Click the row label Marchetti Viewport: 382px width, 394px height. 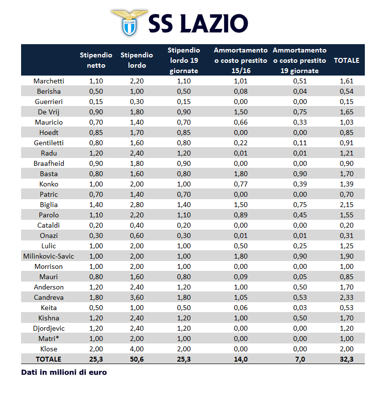(x=49, y=81)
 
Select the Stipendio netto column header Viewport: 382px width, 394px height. (x=96, y=60)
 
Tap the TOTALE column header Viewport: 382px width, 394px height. (x=346, y=60)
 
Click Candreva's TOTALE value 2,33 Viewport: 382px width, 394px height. (x=346, y=297)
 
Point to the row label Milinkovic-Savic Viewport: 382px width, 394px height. (x=49, y=256)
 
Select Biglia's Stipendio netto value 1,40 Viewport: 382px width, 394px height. (x=96, y=205)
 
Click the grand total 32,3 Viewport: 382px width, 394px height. (x=346, y=359)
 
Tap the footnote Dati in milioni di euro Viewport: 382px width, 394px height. (x=64, y=372)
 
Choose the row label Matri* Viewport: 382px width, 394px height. (x=49, y=339)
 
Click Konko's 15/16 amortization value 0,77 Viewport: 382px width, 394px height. (x=240, y=184)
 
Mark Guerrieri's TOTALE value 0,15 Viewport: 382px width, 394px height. (x=346, y=102)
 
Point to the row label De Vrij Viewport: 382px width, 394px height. (x=49, y=112)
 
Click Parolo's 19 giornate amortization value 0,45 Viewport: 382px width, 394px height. (x=299, y=215)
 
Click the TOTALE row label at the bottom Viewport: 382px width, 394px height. (x=49, y=359)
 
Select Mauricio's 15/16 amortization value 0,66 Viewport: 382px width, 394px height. (x=240, y=122)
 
